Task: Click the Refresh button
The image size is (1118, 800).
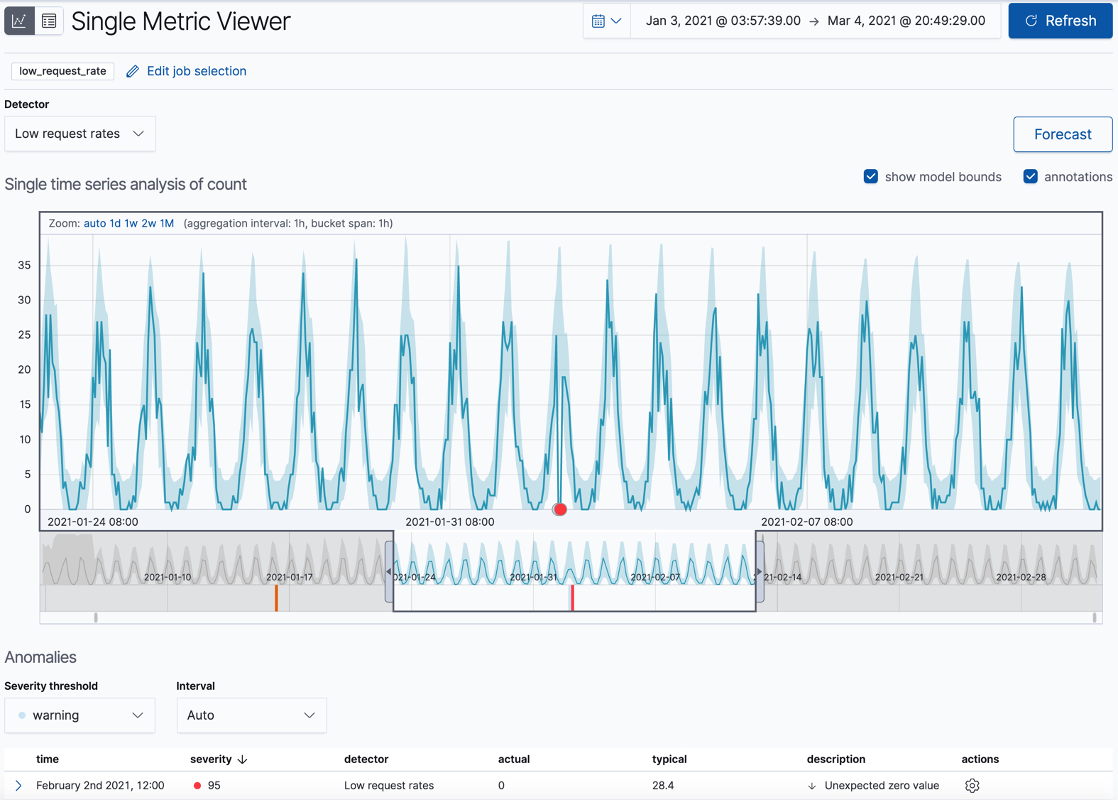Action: pos(1060,21)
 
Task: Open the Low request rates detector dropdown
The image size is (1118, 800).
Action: pos(80,134)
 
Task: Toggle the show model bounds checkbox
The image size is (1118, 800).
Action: pos(871,177)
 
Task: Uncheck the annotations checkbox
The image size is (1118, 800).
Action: pos(1031,177)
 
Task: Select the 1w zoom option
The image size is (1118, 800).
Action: pos(131,223)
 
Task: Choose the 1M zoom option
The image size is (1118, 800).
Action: pos(167,223)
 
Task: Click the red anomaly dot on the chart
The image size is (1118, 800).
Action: pos(560,509)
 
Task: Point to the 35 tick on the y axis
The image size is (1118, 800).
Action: pos(25,265)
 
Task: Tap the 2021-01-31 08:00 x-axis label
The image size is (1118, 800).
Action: pos(450,521)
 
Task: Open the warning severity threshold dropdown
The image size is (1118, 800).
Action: pos(80,715)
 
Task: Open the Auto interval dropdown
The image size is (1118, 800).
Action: pos(251,715)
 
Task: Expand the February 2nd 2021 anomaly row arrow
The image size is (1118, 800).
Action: pos(18,786)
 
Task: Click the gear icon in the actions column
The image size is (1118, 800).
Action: pos(972,786)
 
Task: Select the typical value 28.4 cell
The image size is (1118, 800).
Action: pos(663,786)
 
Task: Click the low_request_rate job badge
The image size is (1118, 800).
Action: pos(63,71)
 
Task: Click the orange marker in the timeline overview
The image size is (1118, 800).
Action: pos(276,598)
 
